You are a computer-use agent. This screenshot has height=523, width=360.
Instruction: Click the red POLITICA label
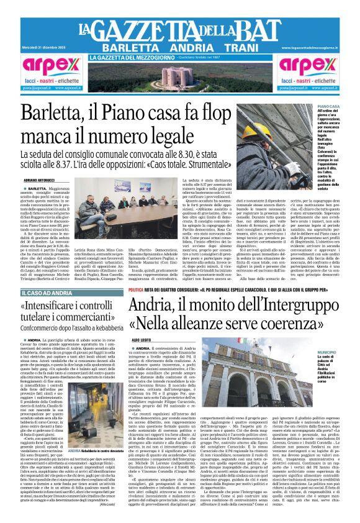(x=136, y=289)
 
